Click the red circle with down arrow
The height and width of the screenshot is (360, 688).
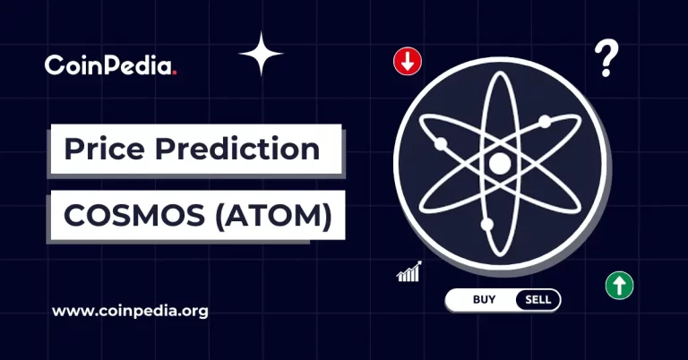pos(407,62)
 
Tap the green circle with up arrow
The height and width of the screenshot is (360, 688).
pos(619,286)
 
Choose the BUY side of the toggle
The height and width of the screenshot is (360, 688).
pos(484,299)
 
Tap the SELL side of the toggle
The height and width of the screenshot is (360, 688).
pos(537,299)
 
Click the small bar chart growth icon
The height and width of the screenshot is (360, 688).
pos(409,272)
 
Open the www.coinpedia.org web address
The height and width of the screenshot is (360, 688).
pos(130,312)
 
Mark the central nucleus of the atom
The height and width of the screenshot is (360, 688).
pos(498,164)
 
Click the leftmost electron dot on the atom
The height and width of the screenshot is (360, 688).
pos(440,144)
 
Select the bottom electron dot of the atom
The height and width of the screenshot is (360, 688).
pos(486,224)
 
